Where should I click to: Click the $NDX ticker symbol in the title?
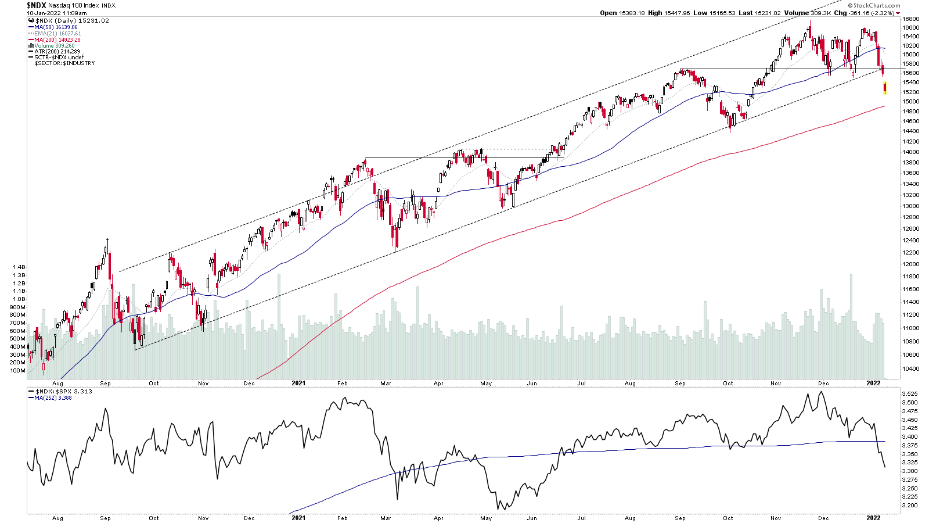(36, 5)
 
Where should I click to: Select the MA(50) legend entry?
(55, 27)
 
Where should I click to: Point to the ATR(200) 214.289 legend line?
(57, 52)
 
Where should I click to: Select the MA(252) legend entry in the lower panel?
(53, 398)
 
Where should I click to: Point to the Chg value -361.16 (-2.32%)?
(871, 13)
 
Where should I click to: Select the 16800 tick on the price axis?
(910, 19)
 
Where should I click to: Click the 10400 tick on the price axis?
(910, 368)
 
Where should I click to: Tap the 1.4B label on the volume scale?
(19, 267)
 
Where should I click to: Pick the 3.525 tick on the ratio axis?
(910, 394)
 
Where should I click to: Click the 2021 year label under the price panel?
(298, 384)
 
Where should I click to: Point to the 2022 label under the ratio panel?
(873, 518)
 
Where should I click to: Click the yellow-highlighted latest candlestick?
(885, 88)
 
